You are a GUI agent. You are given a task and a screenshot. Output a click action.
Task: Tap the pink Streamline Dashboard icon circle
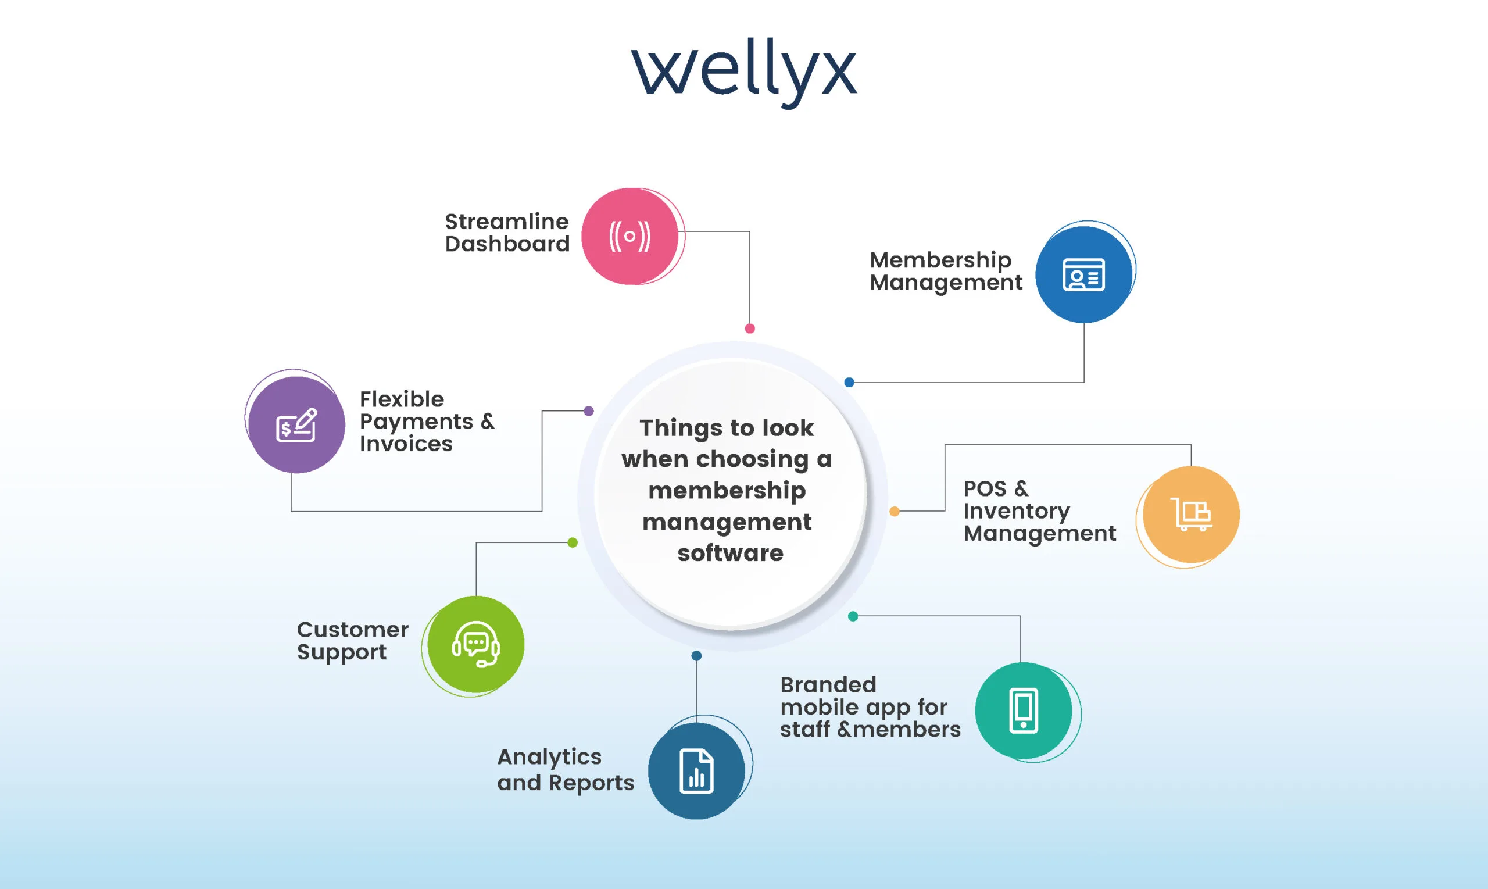tap(630, 236)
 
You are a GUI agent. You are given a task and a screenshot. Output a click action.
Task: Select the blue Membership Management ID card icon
tap(1083, 274)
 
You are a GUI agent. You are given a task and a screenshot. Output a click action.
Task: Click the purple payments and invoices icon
tap(296, 424)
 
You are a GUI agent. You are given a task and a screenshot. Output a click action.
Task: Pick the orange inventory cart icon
tap(1191, 514)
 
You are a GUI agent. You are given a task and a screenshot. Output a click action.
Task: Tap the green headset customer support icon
tap(475, 645)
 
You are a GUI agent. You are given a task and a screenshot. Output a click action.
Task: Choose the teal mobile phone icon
tap(1024, 711)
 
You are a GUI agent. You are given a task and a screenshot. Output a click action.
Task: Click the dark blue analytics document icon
tap(696, 771)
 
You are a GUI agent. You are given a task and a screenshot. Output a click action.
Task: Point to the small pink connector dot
tap(750, 329)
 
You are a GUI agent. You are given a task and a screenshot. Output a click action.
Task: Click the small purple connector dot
tap(589, 411)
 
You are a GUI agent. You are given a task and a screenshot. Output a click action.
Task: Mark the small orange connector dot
tap(895, 511)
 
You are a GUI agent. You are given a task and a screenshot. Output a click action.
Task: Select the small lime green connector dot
tap(573, 542)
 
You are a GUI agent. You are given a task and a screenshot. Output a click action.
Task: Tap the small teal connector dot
tap(853, 616)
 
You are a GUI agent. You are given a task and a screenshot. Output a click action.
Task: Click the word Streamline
tap(507, 222)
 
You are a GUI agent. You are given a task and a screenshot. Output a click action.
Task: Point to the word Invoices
tap(406, 444)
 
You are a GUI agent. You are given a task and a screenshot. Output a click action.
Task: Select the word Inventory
tap(1016, 511)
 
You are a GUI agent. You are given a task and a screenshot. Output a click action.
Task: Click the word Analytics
tap(549, 757)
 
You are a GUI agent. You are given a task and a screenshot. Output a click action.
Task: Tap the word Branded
tap(828, 685)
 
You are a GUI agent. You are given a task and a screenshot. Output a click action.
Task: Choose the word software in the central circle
tap(730, 553)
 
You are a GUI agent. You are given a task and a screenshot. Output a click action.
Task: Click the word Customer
tap(353, 630)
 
